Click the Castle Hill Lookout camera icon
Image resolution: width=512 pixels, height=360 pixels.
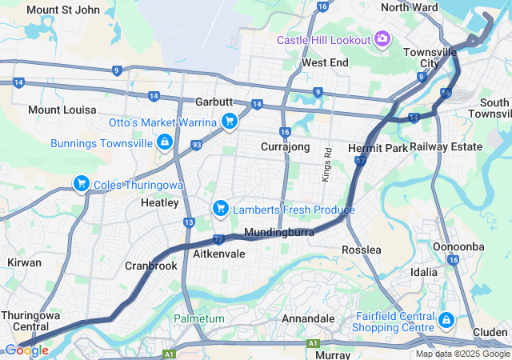[382, 39]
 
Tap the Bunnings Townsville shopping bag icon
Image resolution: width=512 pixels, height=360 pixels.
[164, 142]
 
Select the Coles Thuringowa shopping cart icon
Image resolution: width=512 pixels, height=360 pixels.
[81, 184]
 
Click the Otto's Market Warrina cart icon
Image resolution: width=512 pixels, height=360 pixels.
[230, 122]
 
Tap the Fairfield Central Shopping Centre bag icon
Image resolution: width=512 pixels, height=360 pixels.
[446, 321]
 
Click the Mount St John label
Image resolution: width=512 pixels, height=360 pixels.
[63, 10]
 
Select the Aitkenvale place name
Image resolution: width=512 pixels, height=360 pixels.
[219, 253]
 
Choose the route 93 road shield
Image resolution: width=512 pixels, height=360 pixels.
[196, 144]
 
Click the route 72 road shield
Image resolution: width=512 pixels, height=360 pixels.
[218, 238]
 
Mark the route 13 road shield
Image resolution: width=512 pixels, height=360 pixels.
[189, 222]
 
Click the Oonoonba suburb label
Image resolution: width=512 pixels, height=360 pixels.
[458, 246]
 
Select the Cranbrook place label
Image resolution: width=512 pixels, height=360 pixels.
[150, 266]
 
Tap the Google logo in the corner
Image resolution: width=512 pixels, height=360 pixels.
[26, 350]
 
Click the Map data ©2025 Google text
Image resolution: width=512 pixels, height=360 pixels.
[462, 354]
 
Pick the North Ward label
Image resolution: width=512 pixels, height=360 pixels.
[409, 7]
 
